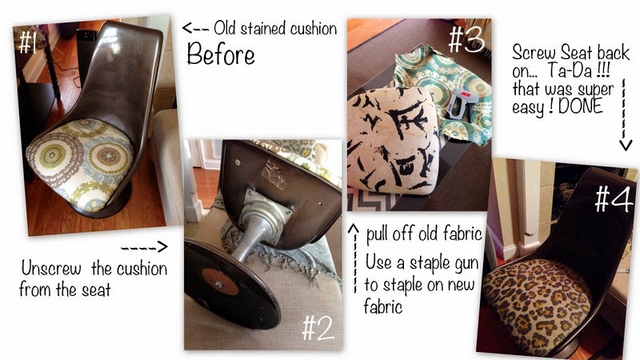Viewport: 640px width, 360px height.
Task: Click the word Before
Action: tap(221, 54)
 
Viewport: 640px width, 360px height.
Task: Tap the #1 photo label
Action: tap(27, 42)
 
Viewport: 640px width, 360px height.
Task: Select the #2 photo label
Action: tap(318, 328)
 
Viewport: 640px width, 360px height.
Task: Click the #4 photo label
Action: tap(614, 198)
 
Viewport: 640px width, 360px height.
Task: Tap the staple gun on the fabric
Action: tap(462, 106)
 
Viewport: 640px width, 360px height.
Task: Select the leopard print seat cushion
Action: tap(537, 302)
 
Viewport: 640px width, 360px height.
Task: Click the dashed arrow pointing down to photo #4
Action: tap(625, 115)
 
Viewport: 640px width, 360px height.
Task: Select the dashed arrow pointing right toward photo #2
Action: tap(144, 246)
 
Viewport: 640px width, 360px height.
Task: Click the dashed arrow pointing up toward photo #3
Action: tap(354, 258)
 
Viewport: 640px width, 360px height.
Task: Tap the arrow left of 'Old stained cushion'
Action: tap(195, 28)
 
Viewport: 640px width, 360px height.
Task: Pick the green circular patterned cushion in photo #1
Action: tap(80, 164)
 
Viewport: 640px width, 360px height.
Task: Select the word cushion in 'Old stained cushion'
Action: tap(314, 28)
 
